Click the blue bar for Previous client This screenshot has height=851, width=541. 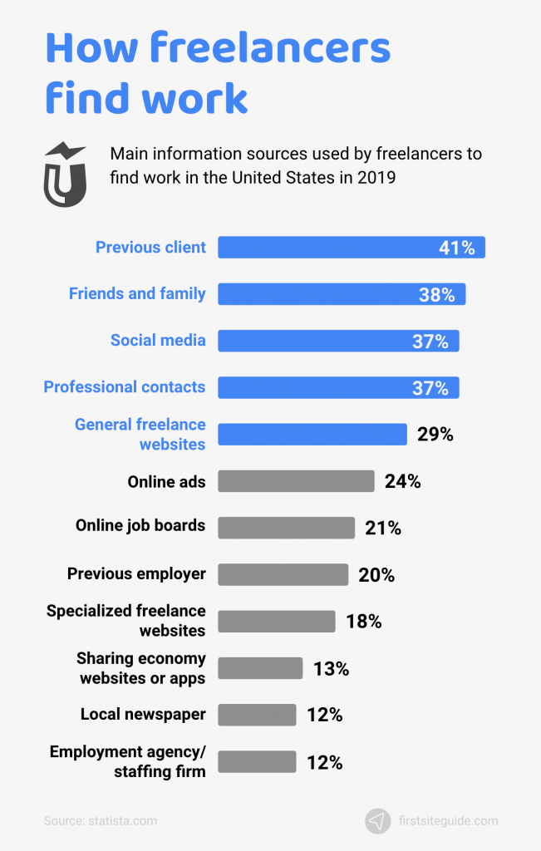(332, 248)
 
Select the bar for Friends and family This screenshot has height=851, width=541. (332, 294)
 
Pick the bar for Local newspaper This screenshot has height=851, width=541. (257, 715)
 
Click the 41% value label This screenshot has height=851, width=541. (457, 248)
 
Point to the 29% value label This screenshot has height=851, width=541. (435, 434)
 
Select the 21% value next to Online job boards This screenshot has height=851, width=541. (383, 528)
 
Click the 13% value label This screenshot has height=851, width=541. (331, 668)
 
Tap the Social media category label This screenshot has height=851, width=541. (158, 340)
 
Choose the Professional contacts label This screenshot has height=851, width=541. (125, 386)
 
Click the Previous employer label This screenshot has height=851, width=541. (136, 573)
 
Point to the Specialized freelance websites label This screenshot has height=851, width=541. (125, 621)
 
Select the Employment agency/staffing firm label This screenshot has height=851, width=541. (127, 761)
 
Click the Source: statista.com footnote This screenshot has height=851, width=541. (100, 821)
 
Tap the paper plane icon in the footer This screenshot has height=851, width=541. (377, 821)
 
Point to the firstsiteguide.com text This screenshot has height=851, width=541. (448, 821)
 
